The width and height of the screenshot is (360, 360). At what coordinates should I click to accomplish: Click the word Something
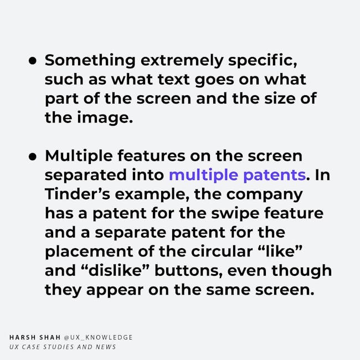pos(90,60)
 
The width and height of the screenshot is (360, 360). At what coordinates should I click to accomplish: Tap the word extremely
pos(182,61)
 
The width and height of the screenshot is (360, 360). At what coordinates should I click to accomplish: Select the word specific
pos(262,60)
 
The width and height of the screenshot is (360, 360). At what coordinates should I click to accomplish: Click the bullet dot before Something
pos(33,61)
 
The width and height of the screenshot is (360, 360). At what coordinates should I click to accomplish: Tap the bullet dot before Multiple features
pos(33,157)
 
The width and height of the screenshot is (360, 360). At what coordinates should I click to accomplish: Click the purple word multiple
pos(203,176)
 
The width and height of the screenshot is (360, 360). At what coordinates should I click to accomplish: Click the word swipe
pos(235,214)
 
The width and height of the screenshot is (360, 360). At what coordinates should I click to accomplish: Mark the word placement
pos(89,252)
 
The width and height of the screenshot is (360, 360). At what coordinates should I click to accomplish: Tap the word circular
pos(222,251)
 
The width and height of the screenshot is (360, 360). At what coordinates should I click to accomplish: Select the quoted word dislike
pos(115,270)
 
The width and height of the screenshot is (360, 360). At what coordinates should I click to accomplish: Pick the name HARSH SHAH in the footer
pos(35,337)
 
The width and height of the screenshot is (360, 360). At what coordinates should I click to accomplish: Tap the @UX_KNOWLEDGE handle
pos(98,337)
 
